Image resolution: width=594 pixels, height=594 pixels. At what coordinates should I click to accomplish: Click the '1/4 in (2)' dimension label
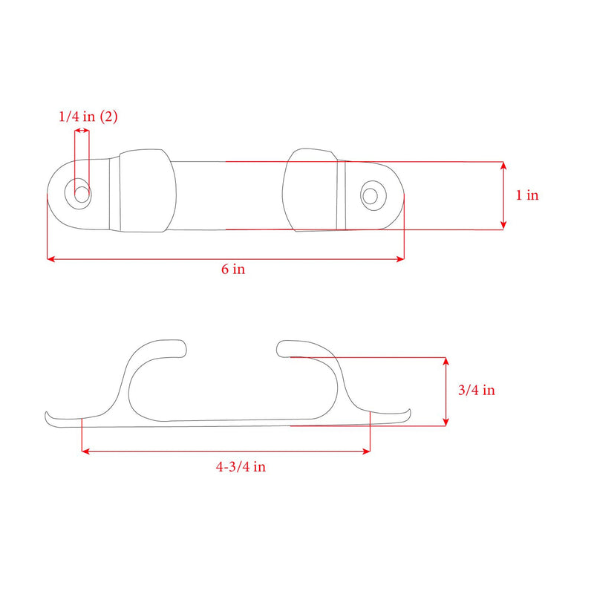88,117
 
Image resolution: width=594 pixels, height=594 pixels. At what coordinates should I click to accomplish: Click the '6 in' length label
232,270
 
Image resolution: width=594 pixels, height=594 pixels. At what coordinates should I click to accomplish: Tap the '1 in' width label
527,195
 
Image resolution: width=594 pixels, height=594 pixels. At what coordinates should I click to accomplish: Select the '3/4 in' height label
476,391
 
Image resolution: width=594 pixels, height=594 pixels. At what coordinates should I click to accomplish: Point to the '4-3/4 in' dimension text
241,467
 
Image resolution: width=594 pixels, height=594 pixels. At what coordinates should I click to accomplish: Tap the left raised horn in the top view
147,190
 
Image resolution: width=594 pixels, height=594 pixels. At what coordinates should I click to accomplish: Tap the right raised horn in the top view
312,190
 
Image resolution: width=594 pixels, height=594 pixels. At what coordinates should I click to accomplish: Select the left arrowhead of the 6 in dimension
50,259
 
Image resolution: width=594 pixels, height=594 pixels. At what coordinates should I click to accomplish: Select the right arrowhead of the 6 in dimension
401,259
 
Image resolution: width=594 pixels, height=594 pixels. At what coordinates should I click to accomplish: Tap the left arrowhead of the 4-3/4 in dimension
84,451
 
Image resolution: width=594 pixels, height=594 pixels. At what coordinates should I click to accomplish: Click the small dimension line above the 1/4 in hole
82,131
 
